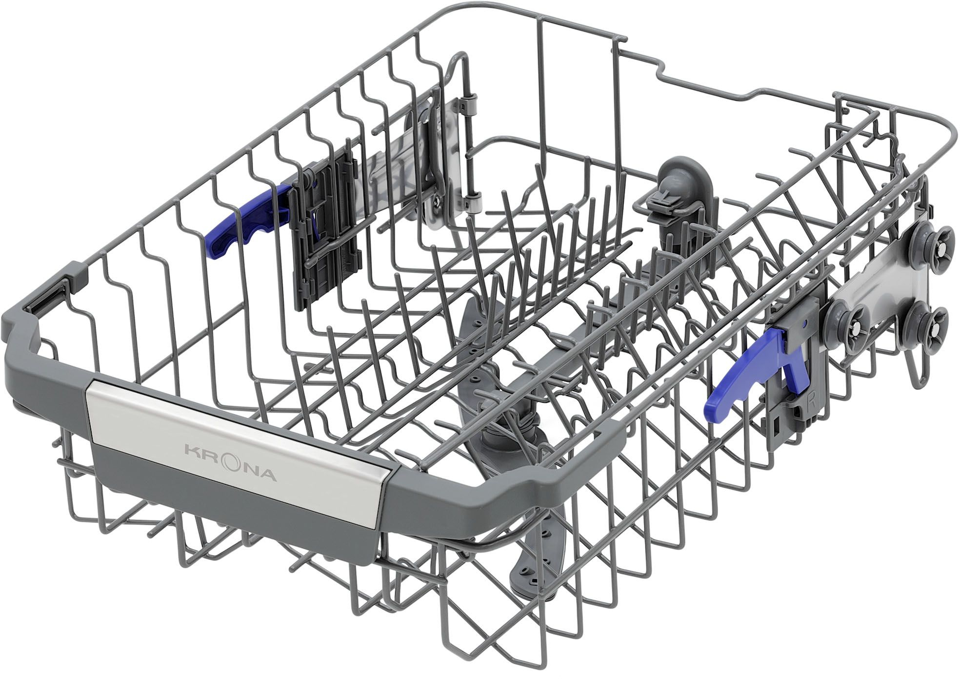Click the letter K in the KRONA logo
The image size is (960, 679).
pyautogui.click(x=191, y=448)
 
